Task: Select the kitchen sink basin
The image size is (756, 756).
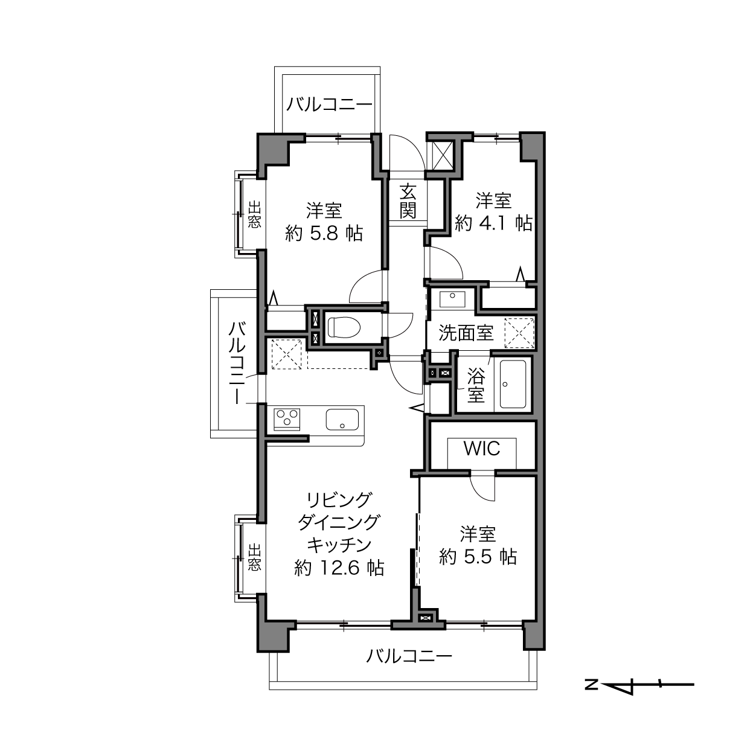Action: (342, 420)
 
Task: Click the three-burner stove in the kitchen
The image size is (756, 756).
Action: (287, 419)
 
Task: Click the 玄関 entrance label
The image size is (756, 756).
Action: (408, 202)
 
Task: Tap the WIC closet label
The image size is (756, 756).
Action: (482, 449)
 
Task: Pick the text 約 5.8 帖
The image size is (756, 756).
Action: (324, 234)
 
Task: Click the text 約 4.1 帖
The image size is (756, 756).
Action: (493, 223)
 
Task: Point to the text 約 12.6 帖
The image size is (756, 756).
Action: (339, 568)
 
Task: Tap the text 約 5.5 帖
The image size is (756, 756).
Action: (478, 557)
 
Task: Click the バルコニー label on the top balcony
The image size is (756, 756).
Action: (329, 105)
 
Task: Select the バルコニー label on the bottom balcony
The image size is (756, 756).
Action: (409, 656)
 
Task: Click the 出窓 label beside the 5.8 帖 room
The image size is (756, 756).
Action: (255, 214)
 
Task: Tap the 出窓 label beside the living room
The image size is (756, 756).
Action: (255, 557)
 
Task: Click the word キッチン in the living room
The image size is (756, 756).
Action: (339, 545)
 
